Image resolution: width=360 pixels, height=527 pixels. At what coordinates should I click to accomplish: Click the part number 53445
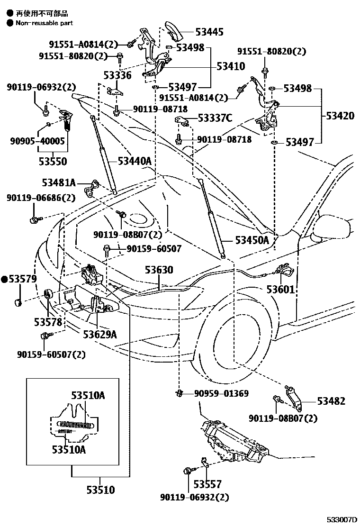pos(210,32)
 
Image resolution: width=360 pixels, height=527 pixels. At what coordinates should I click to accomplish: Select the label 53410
pos(231,66)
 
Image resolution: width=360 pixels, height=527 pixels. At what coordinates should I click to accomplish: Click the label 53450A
pos(252,240)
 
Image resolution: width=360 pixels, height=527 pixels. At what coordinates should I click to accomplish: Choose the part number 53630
pos(159,270)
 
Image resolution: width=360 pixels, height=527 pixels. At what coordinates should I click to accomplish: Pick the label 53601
pos(280,289)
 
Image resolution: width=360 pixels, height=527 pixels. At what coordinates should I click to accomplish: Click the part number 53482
pos(331,401)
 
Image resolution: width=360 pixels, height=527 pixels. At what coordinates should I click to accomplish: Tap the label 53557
pos(207,484)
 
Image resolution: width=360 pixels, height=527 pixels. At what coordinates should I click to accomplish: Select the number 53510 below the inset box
pos(100,490)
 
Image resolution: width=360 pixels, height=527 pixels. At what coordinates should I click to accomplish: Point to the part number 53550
pos(53,162)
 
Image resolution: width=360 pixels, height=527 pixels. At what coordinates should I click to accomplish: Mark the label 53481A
pos(59,183)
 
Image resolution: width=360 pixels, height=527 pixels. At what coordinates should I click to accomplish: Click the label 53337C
pos(215,118)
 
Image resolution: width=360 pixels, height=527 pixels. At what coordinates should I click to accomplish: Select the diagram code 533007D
pos(342,520)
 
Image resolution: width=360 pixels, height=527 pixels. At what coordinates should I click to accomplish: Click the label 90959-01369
pos(221,393)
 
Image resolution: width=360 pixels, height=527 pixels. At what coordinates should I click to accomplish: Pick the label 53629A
pos(99,334)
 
